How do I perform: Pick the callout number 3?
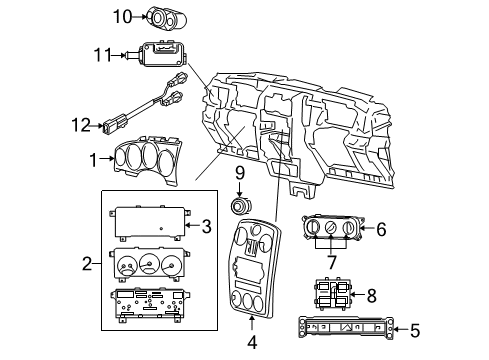pyautogui.click(x=205, y=226)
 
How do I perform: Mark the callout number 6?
pyautogui.click(x=381, y=229)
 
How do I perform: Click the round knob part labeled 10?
pyautogui.click(x=160, y=16)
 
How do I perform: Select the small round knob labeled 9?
pyautogui.click(x=241, y=207)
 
